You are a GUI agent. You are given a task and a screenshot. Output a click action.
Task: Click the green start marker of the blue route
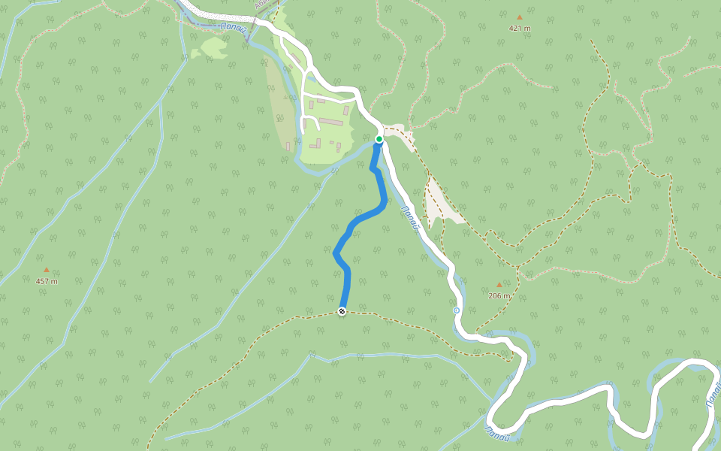pos(379,139)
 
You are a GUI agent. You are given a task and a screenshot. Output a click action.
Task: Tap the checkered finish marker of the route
pos(342,311)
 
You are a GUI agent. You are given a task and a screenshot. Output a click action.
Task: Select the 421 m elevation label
pos(520,29)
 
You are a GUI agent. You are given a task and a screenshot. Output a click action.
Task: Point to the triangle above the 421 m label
pos(519,17)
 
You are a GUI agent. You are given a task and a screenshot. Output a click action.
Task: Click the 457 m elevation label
pos(47,281)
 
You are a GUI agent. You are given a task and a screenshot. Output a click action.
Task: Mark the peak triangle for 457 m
pos(47,269)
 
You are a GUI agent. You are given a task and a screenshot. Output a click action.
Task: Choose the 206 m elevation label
pos(499,296)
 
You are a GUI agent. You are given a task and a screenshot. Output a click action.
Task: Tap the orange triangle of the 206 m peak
pos(499,285)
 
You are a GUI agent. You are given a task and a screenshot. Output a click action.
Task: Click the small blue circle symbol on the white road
pos(457,310)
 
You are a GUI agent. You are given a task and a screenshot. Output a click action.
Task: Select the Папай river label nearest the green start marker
pos(409,218)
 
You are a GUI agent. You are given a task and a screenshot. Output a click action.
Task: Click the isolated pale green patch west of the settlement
pos(212,48)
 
